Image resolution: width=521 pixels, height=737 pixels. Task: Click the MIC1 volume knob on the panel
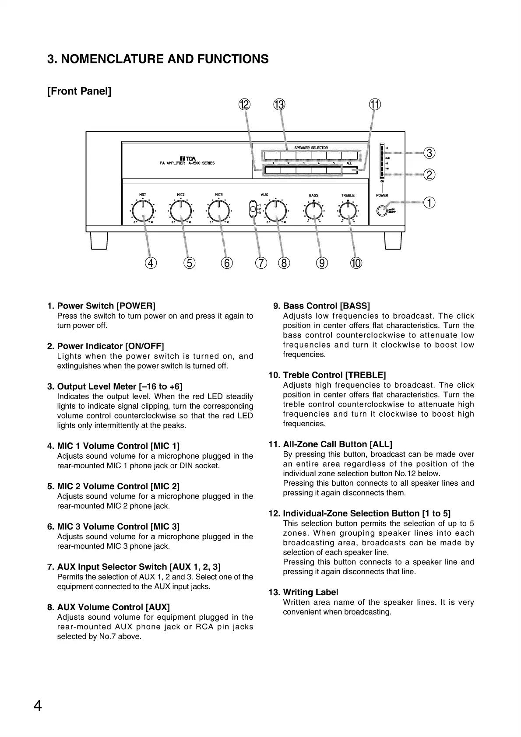[142, 211]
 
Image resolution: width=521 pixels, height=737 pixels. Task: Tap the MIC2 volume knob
[180, 211]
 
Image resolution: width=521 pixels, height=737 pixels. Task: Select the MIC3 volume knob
[218, 211]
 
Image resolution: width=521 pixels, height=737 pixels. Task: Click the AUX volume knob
[276, 212]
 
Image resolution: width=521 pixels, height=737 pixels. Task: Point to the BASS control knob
[313, 211]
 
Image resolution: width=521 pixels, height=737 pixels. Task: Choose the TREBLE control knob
[348, 211]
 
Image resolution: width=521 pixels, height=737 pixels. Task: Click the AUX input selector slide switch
[253, 209]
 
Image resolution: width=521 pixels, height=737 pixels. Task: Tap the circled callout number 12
[245, 105]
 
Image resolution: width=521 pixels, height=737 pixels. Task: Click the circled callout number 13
[279, 105]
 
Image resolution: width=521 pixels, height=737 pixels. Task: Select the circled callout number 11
[375, 105]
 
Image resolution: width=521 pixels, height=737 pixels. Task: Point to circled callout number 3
[429, 153]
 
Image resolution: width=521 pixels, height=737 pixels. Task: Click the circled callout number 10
[356, 263]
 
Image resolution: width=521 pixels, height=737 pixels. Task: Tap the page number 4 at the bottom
[38, 705]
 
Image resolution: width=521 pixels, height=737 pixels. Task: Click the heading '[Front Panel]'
[79, 91]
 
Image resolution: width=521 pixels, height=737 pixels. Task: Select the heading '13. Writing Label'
[303, 592]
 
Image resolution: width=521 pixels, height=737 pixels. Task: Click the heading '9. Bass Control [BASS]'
[321, 305]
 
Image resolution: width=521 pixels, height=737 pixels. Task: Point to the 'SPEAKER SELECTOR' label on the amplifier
[311, 148]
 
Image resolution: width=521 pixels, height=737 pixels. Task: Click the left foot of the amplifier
[99, 240]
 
